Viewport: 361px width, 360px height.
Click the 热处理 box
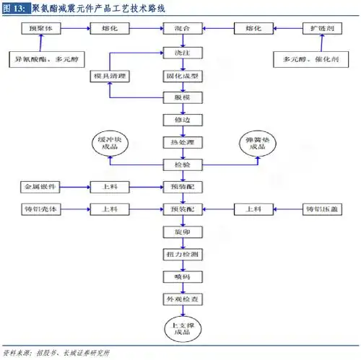182,141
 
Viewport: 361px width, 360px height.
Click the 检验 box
182,164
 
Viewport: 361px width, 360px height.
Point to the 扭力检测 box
182,255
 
